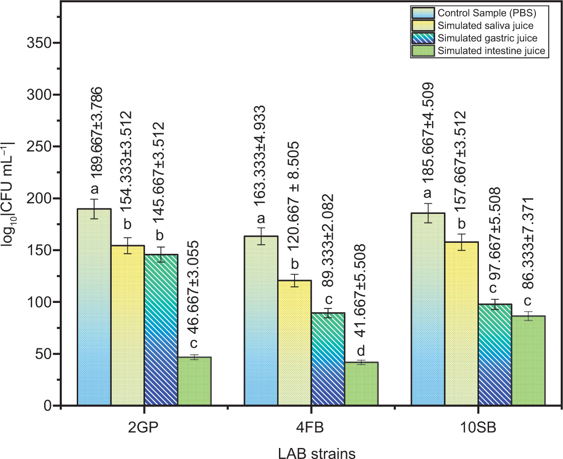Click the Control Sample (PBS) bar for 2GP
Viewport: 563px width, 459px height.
[94, 307]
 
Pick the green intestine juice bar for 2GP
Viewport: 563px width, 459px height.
[194, 381]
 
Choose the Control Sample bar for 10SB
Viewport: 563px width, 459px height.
[427, 309]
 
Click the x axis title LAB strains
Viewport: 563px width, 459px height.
[317, 453]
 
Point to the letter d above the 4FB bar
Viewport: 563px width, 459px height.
[361, 351]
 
